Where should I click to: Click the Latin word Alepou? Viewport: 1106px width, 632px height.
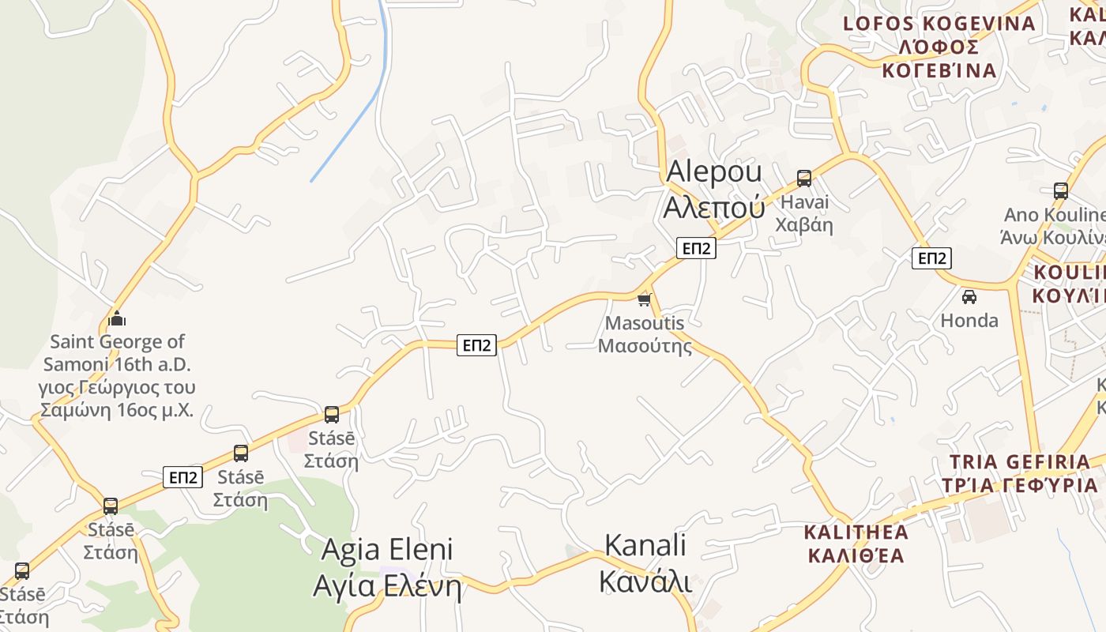(x=714, y=171)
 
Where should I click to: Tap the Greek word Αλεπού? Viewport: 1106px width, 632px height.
(x=714, y=207)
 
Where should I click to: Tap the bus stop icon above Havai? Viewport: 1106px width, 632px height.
(x=804, y=178)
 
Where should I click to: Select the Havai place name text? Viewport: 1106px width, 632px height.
(x=804, y=202)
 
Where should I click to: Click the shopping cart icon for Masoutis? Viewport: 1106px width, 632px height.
(x=645, y=299)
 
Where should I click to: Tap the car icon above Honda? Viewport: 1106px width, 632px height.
(x=969, y=297)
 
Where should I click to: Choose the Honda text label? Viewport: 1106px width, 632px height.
(x=969, y=321)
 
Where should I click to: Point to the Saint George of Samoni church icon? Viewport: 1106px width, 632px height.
(x=117, y=318)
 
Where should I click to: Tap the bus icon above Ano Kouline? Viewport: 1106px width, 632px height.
(x=1061, y=190)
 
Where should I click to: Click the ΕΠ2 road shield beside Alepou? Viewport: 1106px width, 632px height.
(x=696, y=249)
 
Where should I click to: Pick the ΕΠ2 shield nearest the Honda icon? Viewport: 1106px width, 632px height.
(x=931, y=258)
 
